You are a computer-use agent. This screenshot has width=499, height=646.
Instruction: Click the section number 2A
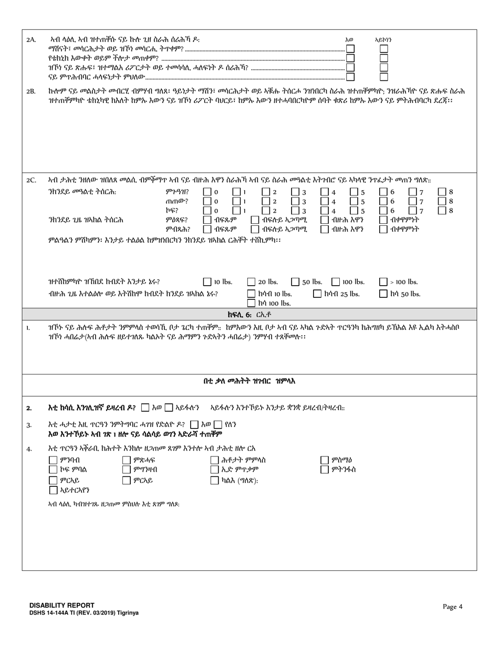31,40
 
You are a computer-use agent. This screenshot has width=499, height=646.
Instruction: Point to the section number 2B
31,91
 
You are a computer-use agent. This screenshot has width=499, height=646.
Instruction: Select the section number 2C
31,180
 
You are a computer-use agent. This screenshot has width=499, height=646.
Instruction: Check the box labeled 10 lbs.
207,282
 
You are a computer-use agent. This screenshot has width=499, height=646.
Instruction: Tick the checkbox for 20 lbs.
252,282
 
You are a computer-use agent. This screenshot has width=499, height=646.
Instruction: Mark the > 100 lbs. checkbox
383,282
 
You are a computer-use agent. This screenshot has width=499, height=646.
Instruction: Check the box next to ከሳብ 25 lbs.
317,294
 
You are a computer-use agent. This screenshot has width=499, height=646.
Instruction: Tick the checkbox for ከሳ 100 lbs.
252,303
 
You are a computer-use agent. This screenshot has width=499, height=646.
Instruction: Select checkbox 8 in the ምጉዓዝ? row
442,192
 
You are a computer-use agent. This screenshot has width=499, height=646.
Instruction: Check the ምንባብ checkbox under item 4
53,460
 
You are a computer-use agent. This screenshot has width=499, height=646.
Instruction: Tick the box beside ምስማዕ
325,460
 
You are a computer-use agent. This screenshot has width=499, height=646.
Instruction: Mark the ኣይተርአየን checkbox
53,490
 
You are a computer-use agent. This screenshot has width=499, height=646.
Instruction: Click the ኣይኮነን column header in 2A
383,40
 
